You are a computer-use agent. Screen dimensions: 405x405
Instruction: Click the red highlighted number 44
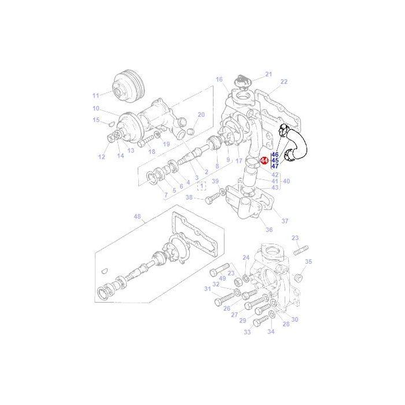(x=264, y=161)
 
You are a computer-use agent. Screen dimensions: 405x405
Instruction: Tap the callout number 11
(x=96, y=95)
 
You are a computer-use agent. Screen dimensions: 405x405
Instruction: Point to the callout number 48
(x=137, y=218)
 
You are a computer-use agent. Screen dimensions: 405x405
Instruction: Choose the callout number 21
(x=268, y=74)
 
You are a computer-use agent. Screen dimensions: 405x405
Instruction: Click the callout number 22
(x=283, y=82)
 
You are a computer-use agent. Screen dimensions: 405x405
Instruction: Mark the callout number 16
(x=219, y=79)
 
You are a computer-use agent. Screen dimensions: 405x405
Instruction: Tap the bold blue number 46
(x=275, y=155)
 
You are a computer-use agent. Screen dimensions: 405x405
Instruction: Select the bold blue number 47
(x=275, y=166)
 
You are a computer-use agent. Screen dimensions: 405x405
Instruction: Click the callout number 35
(x=308, y=262)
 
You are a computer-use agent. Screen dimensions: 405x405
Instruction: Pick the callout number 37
(x=284, y=221)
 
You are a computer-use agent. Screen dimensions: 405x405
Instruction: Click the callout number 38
(x=189, y=197)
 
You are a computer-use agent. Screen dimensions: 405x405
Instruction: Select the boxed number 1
(x=201, y=186)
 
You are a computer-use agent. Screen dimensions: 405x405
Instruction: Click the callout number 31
(x=208, y=289)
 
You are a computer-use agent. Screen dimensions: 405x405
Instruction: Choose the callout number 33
(x=247, y=332)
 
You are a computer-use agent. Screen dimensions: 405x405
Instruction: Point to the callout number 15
(x=96, y=120)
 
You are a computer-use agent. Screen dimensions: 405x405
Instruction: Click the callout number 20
(x=201, y=115)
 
